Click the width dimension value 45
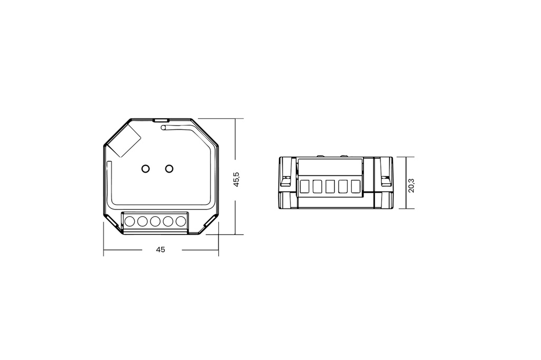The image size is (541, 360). point(161,250)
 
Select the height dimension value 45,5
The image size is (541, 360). point(237,179)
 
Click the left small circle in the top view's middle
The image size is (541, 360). point(145,168)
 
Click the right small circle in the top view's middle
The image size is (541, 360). point(169,168)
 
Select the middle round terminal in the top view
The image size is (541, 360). point(155,221)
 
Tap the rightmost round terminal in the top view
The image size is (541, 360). point(181,221)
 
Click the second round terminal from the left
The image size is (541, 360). point(142,221)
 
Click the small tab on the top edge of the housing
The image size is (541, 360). point(160,120)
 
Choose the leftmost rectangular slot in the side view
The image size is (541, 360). point(304,186)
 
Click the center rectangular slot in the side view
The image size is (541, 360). point(330,186)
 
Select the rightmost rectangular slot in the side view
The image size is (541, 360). point(355,186)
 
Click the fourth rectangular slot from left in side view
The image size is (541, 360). point(342,186)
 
